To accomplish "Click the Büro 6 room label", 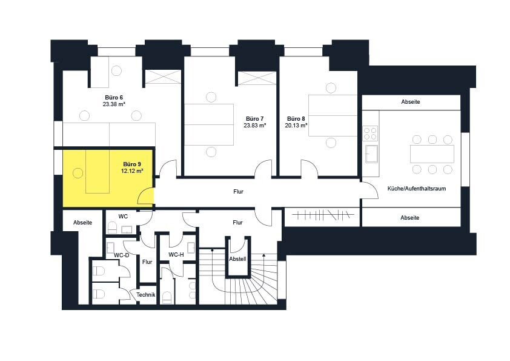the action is pos(114,98).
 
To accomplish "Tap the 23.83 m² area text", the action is pos(255,125).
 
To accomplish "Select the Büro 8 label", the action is pos(296,119).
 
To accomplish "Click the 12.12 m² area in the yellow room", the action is pos(132,170).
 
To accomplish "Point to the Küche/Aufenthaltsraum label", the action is pos(417,189).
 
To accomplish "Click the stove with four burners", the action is pos(370,133).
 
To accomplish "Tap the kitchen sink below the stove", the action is pos(371,154).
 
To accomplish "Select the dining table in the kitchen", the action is pos(432,154).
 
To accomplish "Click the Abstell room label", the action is pos(238,259).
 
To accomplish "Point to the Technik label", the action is pos(146,295).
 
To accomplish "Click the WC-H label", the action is pos(176,254).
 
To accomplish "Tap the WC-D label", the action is pos(121,255).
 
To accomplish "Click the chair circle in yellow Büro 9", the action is pos(78,173).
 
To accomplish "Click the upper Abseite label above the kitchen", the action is pos(411,102).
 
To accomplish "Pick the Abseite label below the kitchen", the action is pos(410,218).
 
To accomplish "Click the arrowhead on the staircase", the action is pos(263,255).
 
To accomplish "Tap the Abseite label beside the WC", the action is pos(82,223).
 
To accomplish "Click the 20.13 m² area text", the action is pos(296,126).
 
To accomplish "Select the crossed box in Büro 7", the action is pos(257,78).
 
